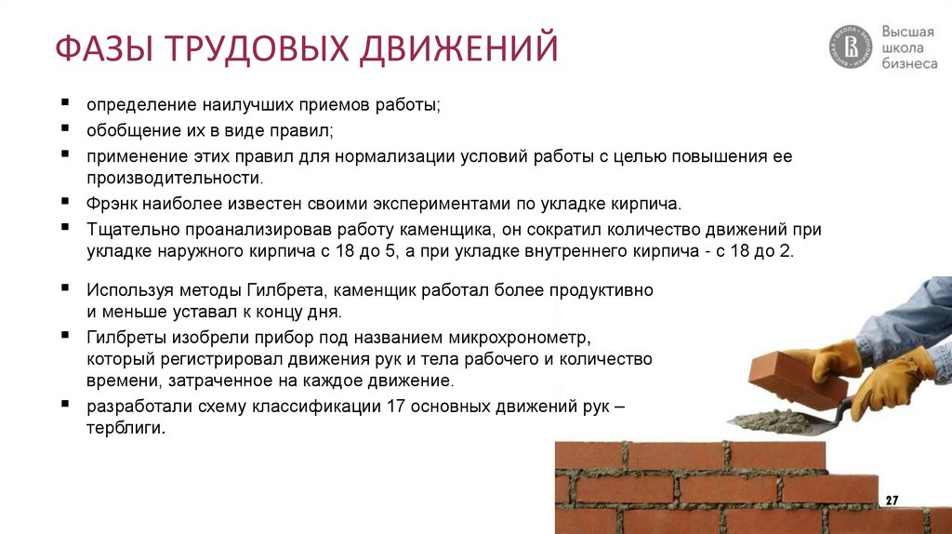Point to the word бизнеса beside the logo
point(909,63)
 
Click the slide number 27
point(892,501)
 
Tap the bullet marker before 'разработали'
point(66,406)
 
